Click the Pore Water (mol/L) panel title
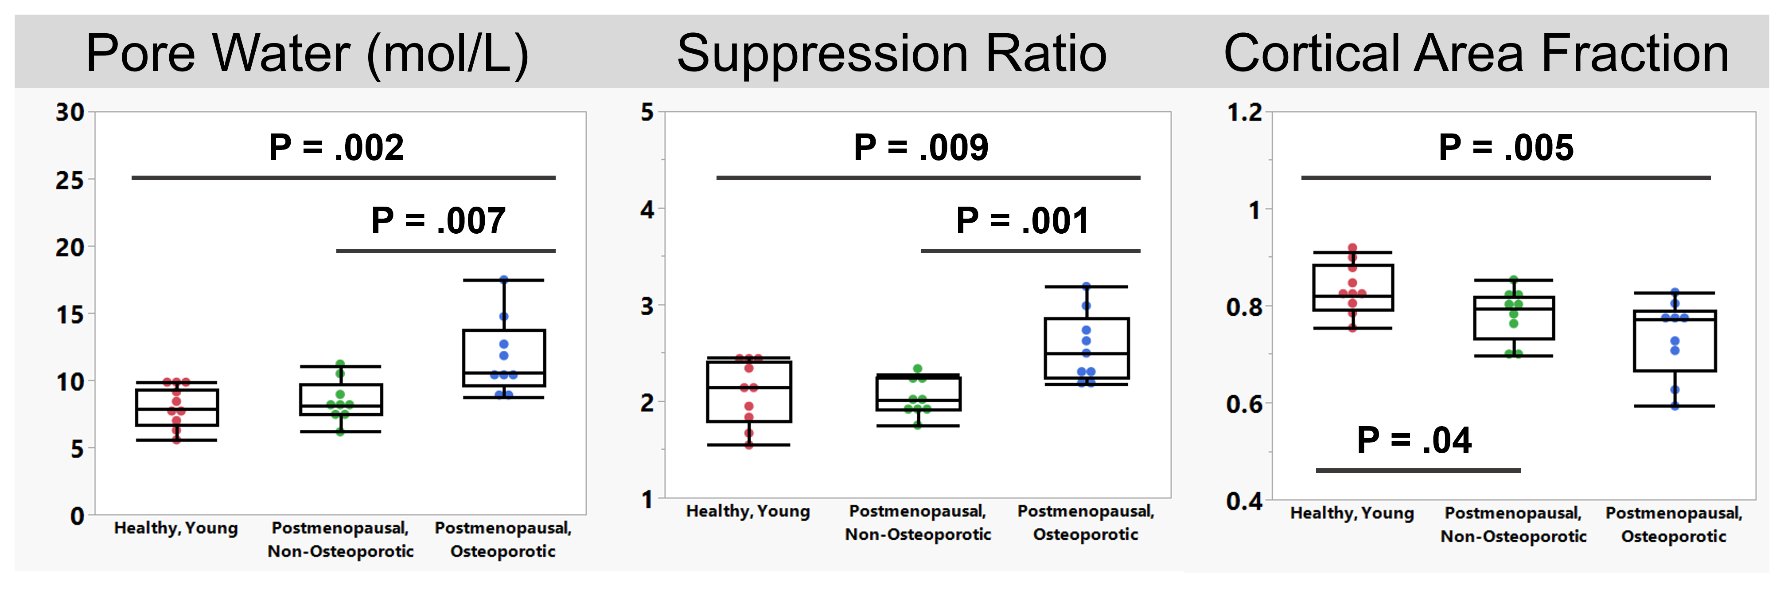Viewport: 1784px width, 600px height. (307, 54)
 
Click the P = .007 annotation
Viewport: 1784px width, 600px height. (438, 221)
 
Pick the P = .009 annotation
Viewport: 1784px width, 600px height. (921, 148)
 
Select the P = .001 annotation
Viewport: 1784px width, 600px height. (1023, 221)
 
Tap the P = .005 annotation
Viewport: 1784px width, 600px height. (1506, 148)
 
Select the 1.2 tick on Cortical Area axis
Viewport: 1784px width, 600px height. (1245, 112)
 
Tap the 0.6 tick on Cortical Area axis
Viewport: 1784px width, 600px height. (1245, 403)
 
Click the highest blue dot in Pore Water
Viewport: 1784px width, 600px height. (503, 280)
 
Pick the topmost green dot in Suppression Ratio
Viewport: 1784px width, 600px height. (918, 369)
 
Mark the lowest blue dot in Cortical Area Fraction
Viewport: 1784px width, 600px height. (1675, 406)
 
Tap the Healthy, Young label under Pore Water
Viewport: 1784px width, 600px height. (176, 529)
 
